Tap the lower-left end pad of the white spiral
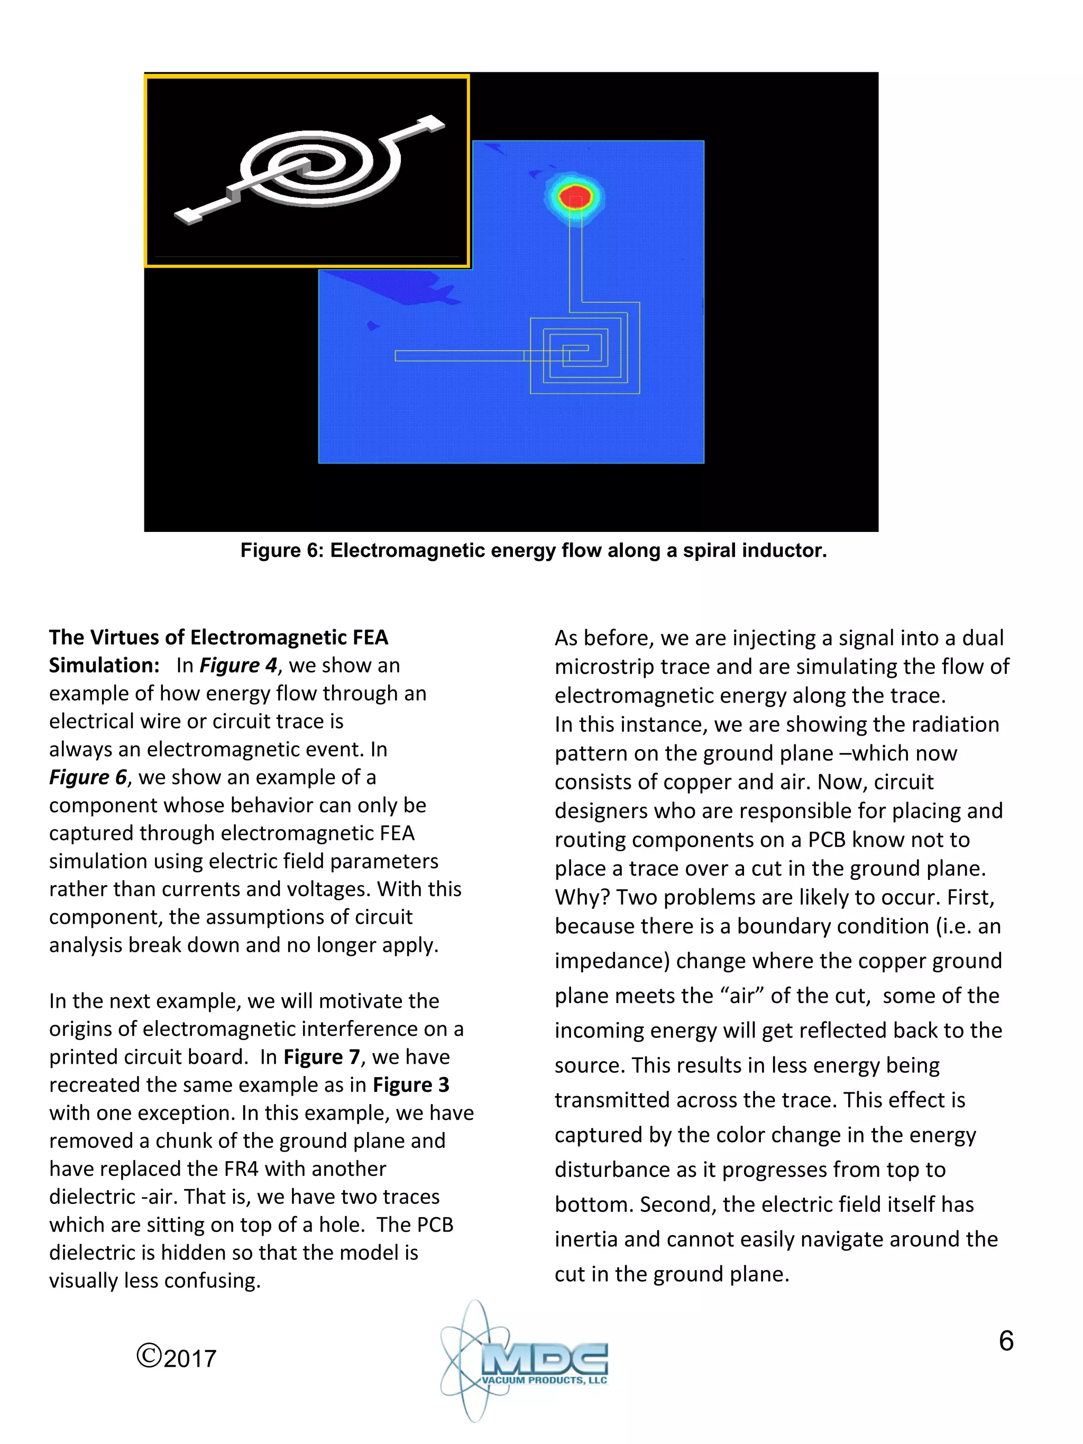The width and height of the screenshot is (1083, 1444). pyautogui.click(x=189, y=215)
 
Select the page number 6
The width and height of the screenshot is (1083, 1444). pyautogui.click(x=1005, y=1341)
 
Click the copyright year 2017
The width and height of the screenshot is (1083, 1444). pyautogui.click(x=189, y=1358)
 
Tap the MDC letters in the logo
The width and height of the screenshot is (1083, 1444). pyautogui.click(x=545, y=1358)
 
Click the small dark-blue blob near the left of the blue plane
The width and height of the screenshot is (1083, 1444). pyautogui.click(x=373, y=325)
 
